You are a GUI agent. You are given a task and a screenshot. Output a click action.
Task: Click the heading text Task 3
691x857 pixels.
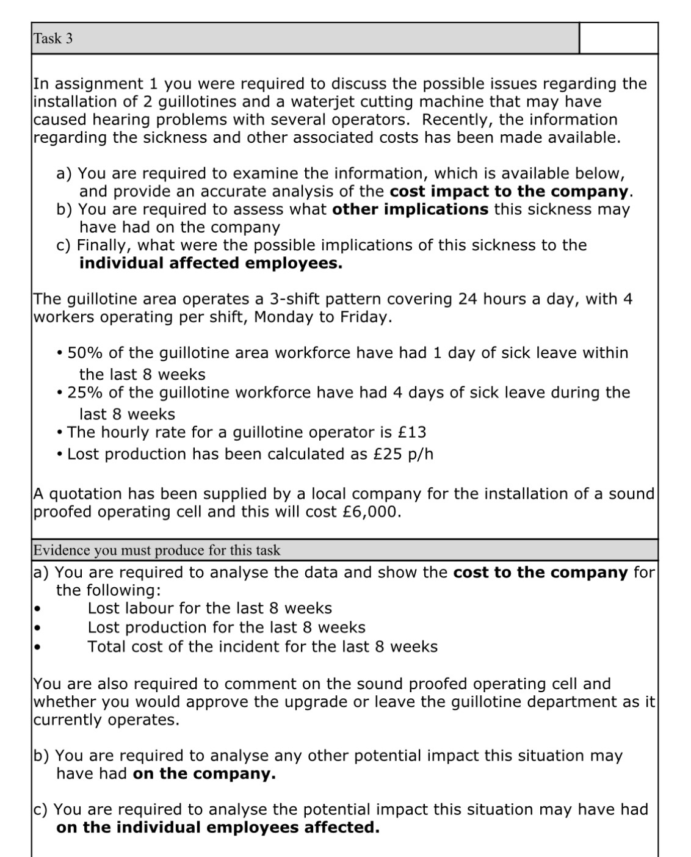53,38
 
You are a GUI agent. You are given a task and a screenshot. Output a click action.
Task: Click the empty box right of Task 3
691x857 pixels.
618,38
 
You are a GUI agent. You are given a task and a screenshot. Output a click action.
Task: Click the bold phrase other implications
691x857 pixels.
410,209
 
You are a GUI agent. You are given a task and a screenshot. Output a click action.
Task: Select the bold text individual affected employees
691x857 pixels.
211,263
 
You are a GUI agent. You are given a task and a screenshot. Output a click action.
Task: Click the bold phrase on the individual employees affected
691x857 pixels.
217,828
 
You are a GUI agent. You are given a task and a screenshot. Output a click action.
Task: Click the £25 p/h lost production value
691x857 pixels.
403,454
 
